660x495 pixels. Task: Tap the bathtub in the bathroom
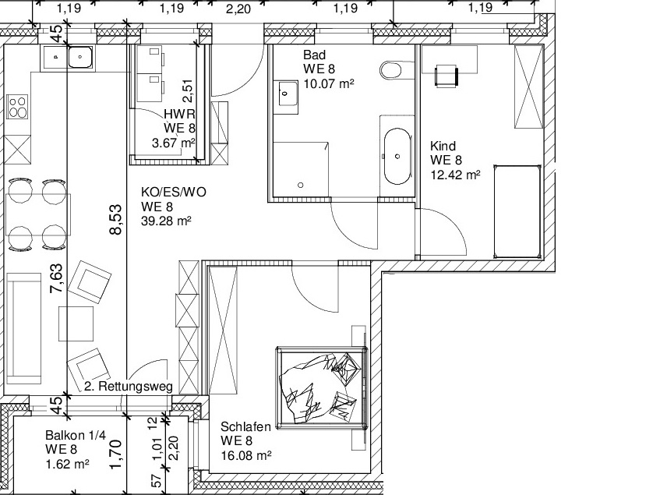click(397, 157)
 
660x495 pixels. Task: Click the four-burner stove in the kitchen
click(18, 107)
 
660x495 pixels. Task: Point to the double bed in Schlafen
click(322, 388)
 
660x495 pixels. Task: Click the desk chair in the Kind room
click(446, 76)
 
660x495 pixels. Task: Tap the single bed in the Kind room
click(517, 211)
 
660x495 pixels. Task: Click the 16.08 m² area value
click(245, 455)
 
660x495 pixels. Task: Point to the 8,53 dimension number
click(116, 219)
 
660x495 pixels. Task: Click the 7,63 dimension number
click(56, 278)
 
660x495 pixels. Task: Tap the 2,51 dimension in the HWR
click(188, 91)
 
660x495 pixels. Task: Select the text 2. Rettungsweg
click(129, 387)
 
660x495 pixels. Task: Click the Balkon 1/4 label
click(76, 435)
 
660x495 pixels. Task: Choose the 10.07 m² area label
click(329, 83)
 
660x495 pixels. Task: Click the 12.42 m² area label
click(455, 175)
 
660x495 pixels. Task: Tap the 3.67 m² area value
click(174, 143)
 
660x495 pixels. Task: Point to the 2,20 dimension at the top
click(238, 9)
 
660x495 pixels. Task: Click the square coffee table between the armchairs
click(76, 324)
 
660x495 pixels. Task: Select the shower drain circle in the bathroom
click(301, 185)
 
